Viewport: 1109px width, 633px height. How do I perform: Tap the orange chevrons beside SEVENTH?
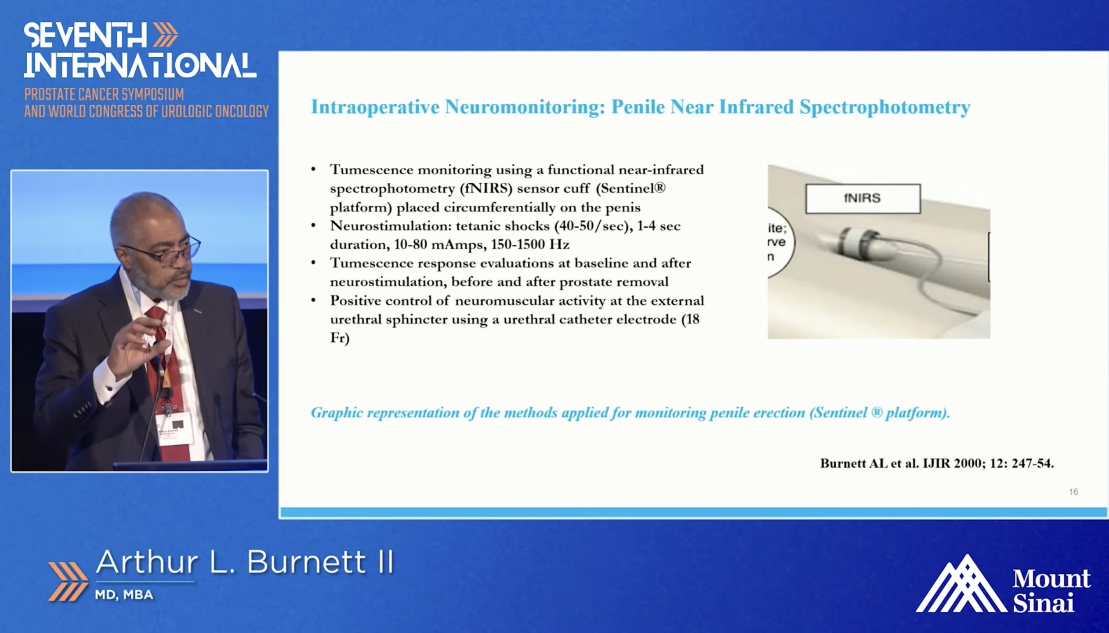click(x=165, y=35)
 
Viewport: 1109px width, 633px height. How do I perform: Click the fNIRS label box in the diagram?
click(x=863, y=199)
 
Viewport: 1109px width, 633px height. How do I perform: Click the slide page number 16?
click(x=1073, y=491)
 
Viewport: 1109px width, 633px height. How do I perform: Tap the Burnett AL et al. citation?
click(x=937, y=463)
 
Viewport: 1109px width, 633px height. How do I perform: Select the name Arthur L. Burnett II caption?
click(x=245, y=562)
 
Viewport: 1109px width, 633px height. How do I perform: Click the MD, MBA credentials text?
click(x=124, y=595)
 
